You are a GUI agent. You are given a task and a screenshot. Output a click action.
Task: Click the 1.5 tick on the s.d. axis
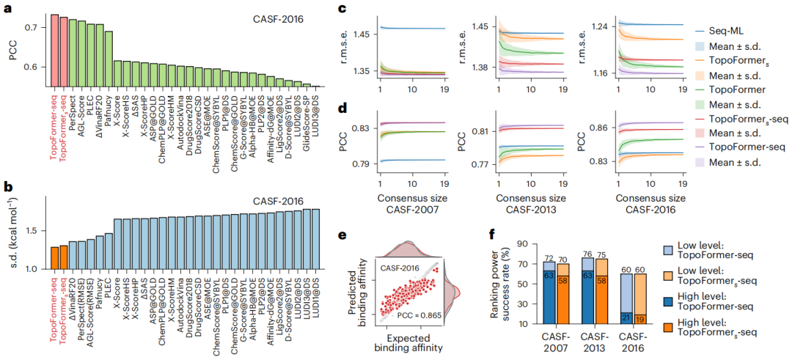point(33,231)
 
